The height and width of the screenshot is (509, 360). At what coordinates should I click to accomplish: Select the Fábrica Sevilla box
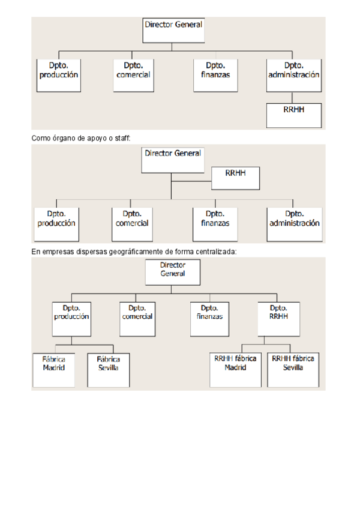tap(109, 367)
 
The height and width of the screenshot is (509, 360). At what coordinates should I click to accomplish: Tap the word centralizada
tap(217, 251)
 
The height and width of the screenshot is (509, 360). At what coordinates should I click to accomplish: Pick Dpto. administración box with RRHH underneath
tap(293, 74)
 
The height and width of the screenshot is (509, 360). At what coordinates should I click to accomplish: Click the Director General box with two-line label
tap(173, 272)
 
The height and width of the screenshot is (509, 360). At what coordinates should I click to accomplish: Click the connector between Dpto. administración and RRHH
tap(292, 97)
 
